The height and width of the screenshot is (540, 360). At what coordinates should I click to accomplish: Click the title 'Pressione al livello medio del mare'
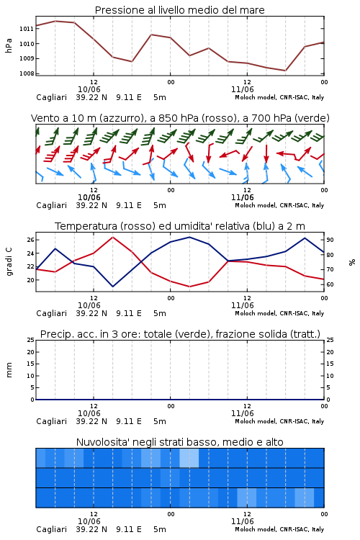click(179, 10)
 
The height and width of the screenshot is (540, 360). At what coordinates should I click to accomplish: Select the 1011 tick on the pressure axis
click(27, 29)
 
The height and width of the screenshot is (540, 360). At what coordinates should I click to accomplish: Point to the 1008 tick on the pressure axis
click(27, 73)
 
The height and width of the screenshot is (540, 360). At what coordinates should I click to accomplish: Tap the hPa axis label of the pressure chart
click(9, 45)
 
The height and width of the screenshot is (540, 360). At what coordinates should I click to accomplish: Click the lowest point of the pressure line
click(285, 71)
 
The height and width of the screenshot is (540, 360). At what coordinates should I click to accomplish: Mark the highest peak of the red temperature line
click(113, 237)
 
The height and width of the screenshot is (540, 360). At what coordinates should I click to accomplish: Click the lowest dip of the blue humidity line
click(112, 287)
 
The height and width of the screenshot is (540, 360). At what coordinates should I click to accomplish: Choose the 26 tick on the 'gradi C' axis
click(31, 240)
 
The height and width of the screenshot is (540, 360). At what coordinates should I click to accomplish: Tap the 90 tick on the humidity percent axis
click(330, 240)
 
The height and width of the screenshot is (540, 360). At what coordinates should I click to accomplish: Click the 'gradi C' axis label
click(9, 261)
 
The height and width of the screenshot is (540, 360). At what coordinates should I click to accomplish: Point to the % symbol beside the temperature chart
click(352, 262)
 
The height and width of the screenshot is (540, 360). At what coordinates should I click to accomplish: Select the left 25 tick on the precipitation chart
click(31, 340)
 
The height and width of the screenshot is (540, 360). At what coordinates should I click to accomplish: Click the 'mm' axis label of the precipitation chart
click(9, 369)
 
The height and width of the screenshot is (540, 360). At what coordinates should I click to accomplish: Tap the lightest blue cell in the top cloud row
click(189, 458)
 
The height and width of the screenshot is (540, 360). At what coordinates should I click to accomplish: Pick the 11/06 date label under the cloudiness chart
click(242, 521)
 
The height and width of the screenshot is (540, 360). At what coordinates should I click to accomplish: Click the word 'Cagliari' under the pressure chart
click(51, 97)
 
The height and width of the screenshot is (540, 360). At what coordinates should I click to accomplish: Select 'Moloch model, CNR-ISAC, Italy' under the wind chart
click(279, 205)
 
